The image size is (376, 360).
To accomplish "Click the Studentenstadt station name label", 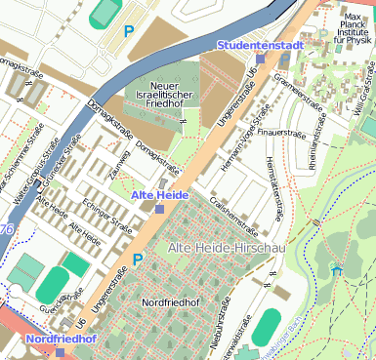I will [260, 45].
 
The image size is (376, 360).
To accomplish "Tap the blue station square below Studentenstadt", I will [260, 59].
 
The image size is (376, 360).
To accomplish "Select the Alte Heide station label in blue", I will [159, 195].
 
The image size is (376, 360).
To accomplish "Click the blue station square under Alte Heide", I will [159, 209].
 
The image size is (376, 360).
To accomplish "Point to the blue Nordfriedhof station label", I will [61, 339].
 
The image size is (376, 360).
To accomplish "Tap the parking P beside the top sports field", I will [129, 30].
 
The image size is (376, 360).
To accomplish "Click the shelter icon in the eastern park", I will [337, 269].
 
